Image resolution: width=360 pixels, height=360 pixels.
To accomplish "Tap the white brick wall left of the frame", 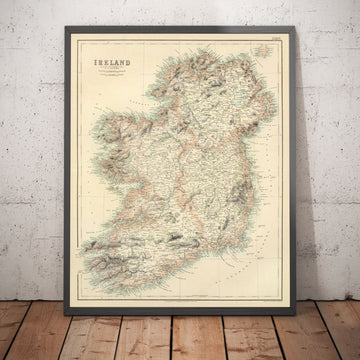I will pos(35,150).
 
